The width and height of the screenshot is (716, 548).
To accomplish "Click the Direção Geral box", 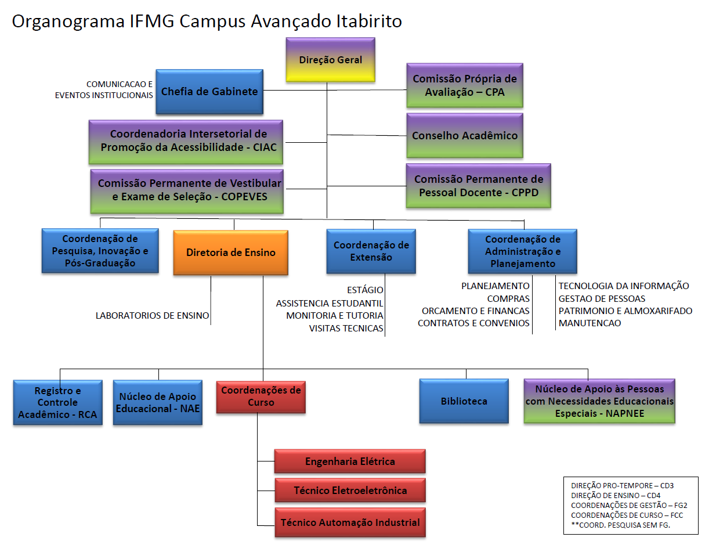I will pos(330,60).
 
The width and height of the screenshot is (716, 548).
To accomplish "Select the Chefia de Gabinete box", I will pos(209,91).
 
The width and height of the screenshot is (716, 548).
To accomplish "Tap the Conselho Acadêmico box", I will pos(464,136).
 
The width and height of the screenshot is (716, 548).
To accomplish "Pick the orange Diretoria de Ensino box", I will pos(230,253).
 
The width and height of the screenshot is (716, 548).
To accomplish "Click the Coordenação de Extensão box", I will pos(371,251).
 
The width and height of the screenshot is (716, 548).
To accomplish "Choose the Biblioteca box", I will pos(464,401).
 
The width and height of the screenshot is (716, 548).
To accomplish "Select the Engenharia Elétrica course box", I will pos(350,462).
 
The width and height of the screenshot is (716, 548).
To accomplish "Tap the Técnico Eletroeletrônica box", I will pos(350,491).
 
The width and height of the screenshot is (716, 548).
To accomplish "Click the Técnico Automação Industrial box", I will pos(350,522).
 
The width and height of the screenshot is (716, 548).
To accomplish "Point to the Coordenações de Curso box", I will pos(261,396).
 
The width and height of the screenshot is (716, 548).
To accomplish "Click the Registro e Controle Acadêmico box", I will pos(57,402).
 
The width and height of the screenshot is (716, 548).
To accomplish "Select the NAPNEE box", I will pos(599,401).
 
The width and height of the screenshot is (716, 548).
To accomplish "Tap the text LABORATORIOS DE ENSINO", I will pos(153,316).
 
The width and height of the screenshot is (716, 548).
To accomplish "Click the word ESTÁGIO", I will pos(365,290).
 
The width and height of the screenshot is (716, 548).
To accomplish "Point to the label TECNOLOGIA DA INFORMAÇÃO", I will pos(624,286).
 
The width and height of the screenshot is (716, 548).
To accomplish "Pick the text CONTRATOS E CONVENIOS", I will pos(473,323).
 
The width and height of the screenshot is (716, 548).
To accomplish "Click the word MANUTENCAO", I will pos(590,323).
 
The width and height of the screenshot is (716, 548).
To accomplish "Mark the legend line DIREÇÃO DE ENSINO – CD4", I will pos(615,495).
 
